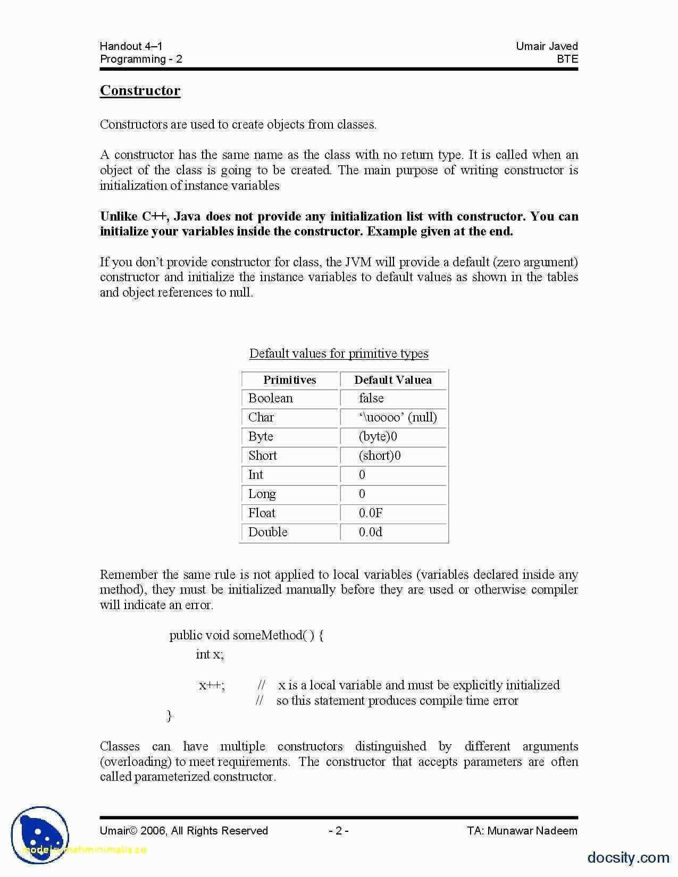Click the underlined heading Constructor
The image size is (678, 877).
140,90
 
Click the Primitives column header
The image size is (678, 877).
289,380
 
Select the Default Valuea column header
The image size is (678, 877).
393,380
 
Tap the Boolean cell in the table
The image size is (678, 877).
270,398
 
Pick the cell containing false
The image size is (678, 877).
371,398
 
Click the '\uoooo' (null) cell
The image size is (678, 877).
398,417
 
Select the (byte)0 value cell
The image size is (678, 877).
378,436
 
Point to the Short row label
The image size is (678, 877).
263,456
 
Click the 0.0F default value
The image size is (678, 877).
371,513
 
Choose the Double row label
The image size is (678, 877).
267,532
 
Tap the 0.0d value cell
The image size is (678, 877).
371,532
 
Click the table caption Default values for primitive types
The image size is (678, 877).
339,353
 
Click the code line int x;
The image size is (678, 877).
210,654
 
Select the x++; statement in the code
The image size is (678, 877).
212,685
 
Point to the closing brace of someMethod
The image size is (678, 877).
170,715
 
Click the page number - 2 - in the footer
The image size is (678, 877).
338,831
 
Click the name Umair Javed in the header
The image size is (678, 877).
547,46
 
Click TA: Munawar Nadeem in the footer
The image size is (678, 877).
522,831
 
